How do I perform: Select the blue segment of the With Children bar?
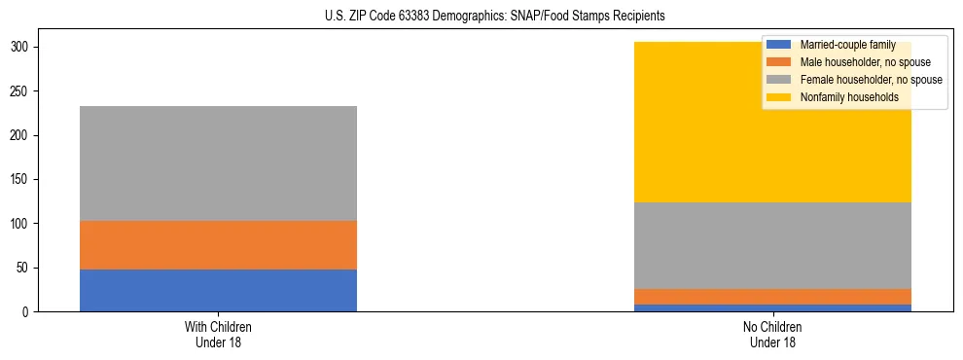click(x=218, y=290)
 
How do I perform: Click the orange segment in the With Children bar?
click(x=218, y=245)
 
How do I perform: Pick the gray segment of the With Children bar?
click(x=218, y=163)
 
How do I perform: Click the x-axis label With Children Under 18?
click(x=218, y=334)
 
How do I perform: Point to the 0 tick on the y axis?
click(x=29, y=311)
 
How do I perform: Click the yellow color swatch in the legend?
click(x=779, y=97)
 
